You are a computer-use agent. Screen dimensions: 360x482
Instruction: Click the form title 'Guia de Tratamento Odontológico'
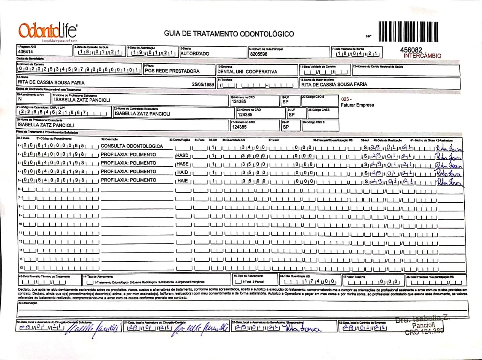(229, 34)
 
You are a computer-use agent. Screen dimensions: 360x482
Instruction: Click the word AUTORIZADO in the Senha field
(195, 54)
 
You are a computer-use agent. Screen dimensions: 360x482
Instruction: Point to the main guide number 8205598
(259, 54)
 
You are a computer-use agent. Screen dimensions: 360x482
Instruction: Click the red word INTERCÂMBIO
(422, 56)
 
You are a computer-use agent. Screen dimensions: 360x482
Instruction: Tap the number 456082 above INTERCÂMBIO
(412, 50)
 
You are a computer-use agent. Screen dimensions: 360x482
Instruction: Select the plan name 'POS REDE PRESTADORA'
(172, 71)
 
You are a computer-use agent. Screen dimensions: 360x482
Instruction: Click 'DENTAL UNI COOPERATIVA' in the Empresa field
(247, 71)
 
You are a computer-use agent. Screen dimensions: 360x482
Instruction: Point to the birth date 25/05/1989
(203, 84)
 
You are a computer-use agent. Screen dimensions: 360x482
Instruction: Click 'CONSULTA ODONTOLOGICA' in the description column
(132, 146)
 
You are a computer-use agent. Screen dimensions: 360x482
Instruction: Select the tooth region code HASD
(182, 155)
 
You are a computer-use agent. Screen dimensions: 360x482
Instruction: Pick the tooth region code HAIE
(182, 181)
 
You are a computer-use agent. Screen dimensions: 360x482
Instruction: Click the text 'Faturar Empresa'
(357, 105)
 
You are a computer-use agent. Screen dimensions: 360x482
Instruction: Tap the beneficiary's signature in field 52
(303, 329)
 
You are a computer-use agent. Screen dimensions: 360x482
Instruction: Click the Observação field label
(27, 303)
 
